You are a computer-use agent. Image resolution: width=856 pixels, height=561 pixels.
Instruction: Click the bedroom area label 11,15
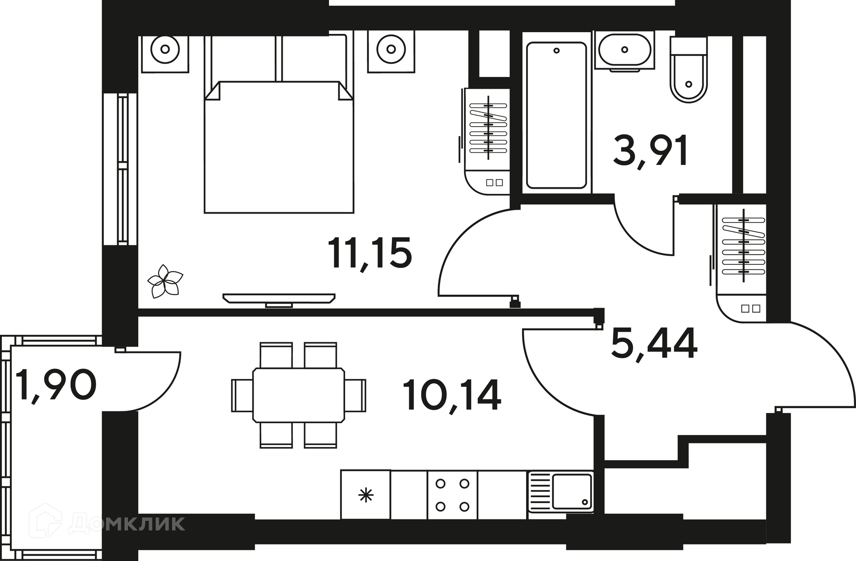[370, 254]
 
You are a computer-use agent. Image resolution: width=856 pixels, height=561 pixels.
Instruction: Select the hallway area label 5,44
[654, 344]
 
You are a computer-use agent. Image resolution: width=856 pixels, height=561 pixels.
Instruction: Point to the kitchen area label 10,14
[452, 395]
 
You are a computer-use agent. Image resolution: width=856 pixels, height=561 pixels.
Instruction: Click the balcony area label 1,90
[56, 384]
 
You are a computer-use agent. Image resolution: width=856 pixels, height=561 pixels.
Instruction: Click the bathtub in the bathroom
[556, 115]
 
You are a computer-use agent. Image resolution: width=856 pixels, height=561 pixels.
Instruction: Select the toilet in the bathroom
[689, 69]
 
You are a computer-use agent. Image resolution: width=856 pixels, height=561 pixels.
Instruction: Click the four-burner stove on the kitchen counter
[453, 495]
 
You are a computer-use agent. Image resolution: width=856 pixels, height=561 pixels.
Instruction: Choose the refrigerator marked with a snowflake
[366, 495]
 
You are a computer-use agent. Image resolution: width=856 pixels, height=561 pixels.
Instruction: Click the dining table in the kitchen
[299, 395]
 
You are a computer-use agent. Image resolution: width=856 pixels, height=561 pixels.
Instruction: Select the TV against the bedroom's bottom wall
[279, 300]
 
